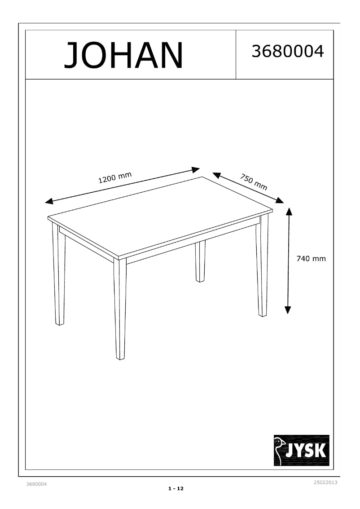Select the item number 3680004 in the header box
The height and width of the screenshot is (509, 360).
click(x=287, y=52)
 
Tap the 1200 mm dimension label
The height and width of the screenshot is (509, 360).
click(x=115, y=178)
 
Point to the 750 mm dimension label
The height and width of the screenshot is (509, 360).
click(x=254, y=181)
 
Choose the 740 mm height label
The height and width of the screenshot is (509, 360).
click(x=311, y=259)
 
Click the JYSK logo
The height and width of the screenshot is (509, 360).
click(x=302, y=450)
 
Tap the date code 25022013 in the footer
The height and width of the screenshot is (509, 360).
click(x=325, y=482)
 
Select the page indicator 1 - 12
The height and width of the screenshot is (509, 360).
click(x=176, y=488)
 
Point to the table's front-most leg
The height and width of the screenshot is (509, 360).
click(x=120, y=310)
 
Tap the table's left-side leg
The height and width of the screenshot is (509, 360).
click(x=59, y=276)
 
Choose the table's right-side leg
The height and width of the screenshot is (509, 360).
click(x=262, y=267)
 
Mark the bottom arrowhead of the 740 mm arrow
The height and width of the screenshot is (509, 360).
click(x=288, y=310)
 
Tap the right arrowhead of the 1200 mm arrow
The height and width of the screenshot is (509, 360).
click(x=196, y=170)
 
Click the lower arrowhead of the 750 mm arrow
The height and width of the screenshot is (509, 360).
click(x=280, y=200)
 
